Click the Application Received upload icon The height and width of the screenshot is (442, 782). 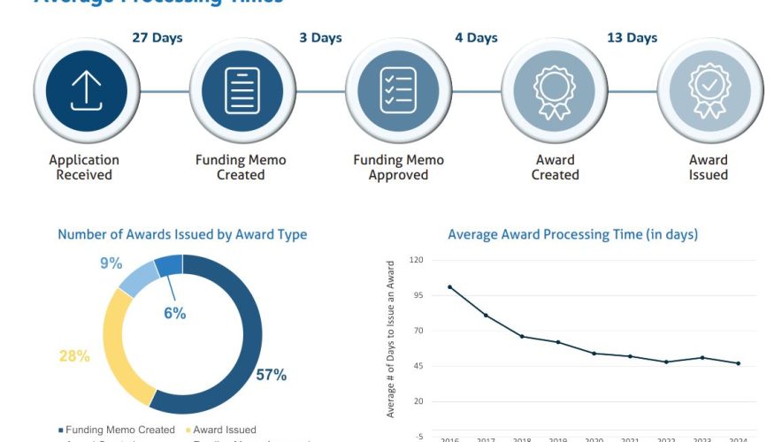point(87,90)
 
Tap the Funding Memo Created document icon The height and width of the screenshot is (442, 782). point(241,90)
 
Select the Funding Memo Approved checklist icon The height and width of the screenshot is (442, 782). point(398,90)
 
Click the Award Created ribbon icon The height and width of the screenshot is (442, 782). point(555,90)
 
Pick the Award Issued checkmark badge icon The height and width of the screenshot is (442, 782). point(709,90)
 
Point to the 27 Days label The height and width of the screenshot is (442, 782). point(158,38)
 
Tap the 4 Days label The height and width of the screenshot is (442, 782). point(477,38)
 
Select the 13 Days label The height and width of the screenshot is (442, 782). point(632,38)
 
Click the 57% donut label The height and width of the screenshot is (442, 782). point(271,375)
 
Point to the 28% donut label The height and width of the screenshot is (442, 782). point(74,356)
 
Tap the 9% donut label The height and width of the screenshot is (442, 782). point(111,263)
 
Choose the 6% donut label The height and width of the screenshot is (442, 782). point(174,313)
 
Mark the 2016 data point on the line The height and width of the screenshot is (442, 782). point(449,286)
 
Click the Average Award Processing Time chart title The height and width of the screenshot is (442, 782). point(572,234)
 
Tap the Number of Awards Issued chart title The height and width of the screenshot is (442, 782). point(182,234)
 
